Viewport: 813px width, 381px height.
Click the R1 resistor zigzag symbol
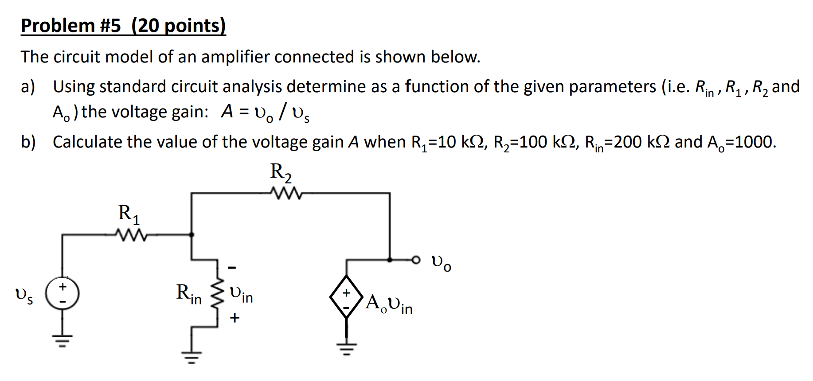[x=131, y=235]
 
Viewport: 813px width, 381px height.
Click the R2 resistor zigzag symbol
[x=286, y=193]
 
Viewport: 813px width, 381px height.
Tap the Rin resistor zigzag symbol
[x=217, y=294]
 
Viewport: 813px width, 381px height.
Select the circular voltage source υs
[x=63, y=293]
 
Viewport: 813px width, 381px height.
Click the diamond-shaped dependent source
[x=346, y=296]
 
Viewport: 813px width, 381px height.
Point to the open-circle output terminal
[x=415, y=260]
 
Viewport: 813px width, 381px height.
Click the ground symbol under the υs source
[x=63, y=341]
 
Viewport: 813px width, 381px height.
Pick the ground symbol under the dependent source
[x=346, y=349]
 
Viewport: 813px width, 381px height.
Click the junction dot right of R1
[x=192, y=235]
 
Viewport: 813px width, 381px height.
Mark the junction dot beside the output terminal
[x=390, y=260]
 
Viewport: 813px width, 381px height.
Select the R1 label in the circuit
[x=129, y=214]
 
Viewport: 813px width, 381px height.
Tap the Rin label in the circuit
[x=189, y=294]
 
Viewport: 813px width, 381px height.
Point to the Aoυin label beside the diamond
[x=389, y=304]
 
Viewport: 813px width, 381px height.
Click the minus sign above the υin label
[x=232, y=268]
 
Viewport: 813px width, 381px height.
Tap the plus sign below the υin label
[x=235, y=318]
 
